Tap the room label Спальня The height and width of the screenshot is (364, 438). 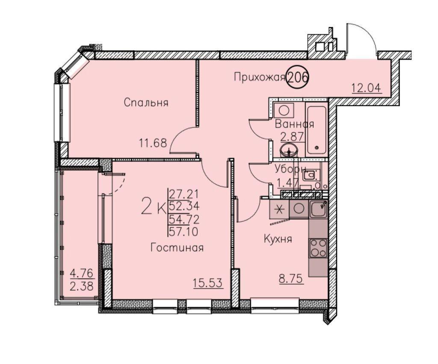click(146, 103)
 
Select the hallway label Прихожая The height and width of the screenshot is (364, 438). click(259, 77)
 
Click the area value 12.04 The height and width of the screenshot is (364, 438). click(366, 88)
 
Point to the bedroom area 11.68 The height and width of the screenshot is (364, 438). click(153, 143)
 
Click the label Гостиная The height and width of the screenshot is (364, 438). click(177, 248)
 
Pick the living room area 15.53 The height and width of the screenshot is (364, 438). click(208, 283)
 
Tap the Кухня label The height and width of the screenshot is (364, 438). click(278, 239)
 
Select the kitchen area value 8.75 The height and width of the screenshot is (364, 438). click(291, 279)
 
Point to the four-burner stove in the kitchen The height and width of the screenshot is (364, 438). click(318, 248)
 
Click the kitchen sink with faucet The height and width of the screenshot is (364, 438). click(318, 209)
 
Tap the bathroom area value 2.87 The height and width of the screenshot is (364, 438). click(292, 137)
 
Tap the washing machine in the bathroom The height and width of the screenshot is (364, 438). click(284, 110)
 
